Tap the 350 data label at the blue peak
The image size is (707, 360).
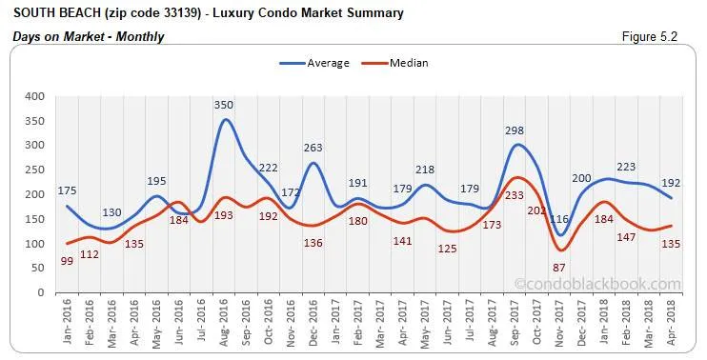224,104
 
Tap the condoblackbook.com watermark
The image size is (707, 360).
597,284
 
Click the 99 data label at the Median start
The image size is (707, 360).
67,261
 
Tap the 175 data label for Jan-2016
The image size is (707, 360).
67,190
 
